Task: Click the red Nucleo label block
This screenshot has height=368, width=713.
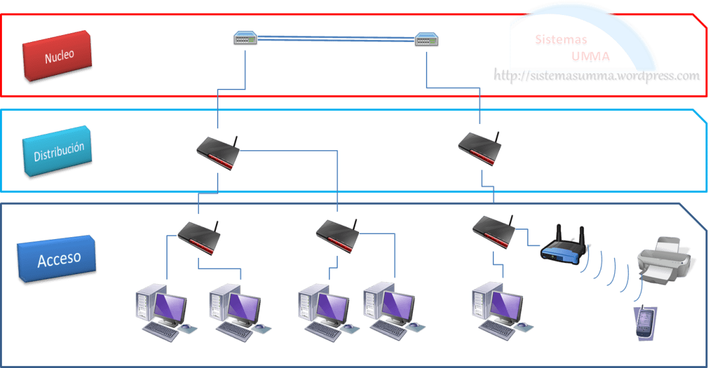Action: [x=57, y=56]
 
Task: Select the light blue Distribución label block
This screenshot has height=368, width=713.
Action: [x=58, y=153]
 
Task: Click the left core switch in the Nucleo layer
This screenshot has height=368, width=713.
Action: [x=245, y=39]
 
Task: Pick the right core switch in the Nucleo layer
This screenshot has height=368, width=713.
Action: [x=427, y=41]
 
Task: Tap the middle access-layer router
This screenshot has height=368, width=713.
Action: [x=338, y=236]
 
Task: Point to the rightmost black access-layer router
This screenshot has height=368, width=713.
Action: [x=494, y=232]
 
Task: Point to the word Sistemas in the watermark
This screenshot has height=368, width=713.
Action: [x=561, y=40]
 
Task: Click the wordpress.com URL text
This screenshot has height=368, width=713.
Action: [x=597, y=76]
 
